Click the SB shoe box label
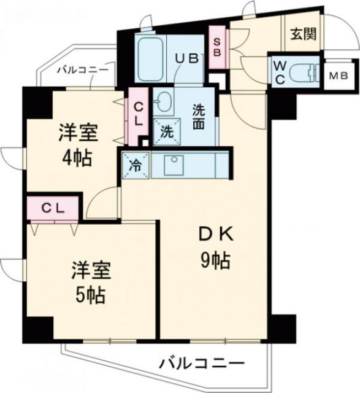[x=216, y=47]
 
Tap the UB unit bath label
[x=186, y=59]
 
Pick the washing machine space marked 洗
[x=166, y=131]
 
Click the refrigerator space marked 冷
[x=134, y=164]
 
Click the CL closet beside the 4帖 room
[x=137, y=115]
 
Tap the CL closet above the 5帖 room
[x=53, y=207]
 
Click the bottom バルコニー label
[x=202, y=362]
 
